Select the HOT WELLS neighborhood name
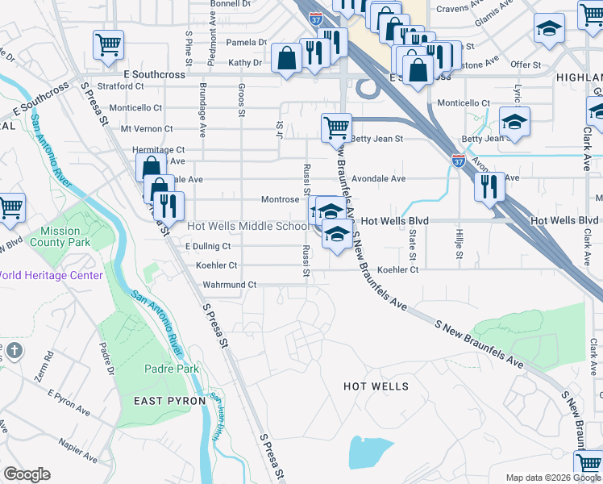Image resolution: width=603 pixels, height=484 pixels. coord(376,386)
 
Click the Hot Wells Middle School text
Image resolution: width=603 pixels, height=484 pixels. coord(247,227)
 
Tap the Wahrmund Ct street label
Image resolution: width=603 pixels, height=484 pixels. coord(229,285)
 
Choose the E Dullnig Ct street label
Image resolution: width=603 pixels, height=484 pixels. coord(208,246)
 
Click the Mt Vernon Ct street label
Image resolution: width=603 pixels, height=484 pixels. coord(146,128)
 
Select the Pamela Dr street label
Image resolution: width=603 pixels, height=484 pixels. coord(246,42)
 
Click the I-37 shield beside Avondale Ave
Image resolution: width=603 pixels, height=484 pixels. coord(458,161)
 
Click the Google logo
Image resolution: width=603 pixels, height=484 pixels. coord(27,474)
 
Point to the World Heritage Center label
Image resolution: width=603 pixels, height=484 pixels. coord(50,275)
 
